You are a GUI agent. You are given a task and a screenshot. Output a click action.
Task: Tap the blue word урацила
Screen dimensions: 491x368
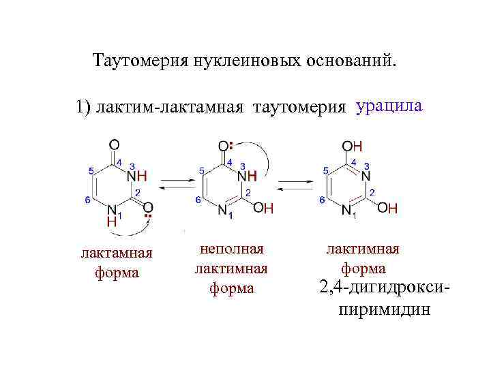389,107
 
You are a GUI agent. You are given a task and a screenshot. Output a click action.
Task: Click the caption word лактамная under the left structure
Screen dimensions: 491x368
117,254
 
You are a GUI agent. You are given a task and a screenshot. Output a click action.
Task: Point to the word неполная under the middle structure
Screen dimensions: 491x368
231,249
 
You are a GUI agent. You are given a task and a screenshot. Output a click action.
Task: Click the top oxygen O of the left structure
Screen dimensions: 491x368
114,144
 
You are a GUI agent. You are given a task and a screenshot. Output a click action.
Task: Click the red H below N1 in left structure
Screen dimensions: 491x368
111,221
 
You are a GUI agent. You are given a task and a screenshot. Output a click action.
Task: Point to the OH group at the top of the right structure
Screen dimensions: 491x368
352,146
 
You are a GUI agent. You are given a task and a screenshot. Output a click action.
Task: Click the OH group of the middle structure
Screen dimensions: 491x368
263,209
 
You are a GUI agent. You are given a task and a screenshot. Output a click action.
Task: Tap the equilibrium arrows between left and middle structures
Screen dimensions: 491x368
176,185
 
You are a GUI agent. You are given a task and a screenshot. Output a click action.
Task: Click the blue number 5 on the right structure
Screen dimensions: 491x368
325,170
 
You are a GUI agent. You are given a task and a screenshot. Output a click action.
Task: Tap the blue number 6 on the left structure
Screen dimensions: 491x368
87,200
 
